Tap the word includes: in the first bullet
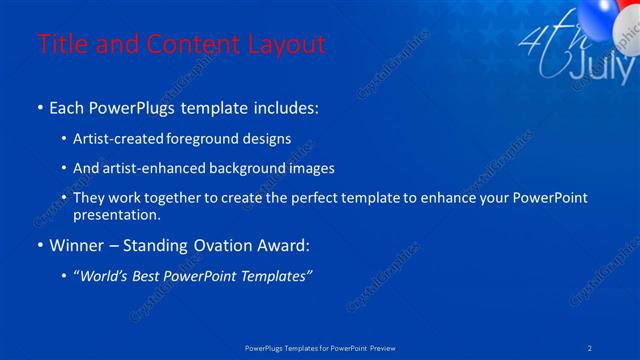pyautogui.click(x=284, y=107)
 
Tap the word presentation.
pyautogui.click(x=116, y=215)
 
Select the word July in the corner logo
pyautogui.click(x=600, y=67)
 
